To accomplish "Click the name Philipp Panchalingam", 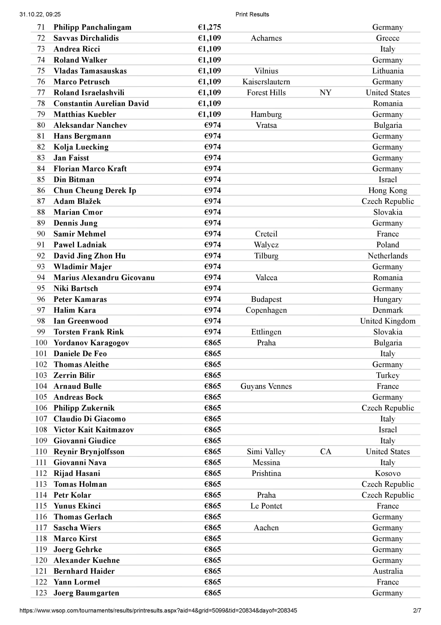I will pyautogui.click(x=92, y=27).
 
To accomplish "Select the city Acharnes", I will pyautogui.click(x=266, y=38).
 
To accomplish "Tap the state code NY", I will pyautogui.click(x=325, y=93).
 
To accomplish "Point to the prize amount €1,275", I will pyautogui.click(x=209, y=27).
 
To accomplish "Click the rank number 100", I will pyautogui.click(x=41, y=343).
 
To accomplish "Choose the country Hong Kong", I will pyautogui.click(x=387, y=190).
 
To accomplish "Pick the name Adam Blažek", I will pyautogui.click(x=77, y=201).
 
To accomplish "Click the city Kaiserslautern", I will pyautogui.click(x=266, y=82).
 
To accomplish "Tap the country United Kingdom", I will pyautogui.click(x=387, y=321).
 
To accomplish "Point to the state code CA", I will pyautogui.click(x=325, y=452).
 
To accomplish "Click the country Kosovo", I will pyautogui.click(x=387, y=473).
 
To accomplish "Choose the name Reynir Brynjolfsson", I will pyautogui.click(x=89, y=452).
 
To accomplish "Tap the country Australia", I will pyautogui.click(x=387, y=571).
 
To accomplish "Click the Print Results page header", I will pyautogui.click(x=252, y=14).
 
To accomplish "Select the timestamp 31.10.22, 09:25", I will pyautogui.click(x=40, y=14).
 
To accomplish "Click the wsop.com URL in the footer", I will pyautogui.click(x=158, y=611).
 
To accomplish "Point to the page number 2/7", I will pyautogui.click(x=417, y=611).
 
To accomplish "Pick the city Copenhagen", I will pyautogui.click(x=266, y=310).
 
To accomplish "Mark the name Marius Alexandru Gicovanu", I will pyautogui.click(x=104, y=278).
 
